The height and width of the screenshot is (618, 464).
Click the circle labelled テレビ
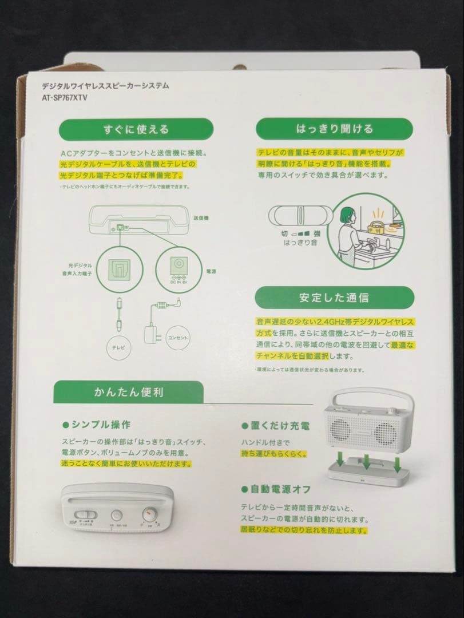pyautogui.click(x=118, y=347)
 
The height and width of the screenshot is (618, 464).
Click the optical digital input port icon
pyautogui.click(x=120, y=267)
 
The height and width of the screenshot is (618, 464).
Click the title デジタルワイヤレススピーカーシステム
pyautogui.click(x=106, y=86)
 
